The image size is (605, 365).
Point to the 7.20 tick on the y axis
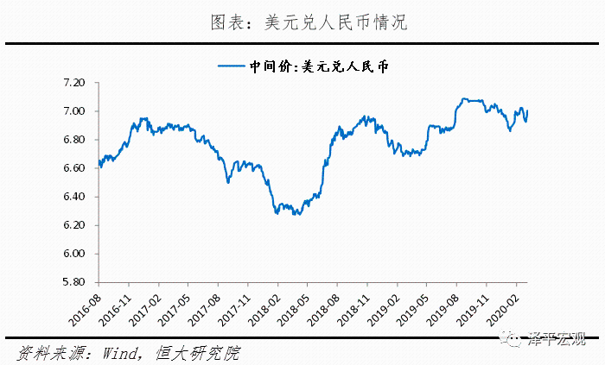click(x=73, y=83)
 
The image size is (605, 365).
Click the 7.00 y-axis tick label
click(x=73, y=111)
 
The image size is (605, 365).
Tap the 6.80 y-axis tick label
click(x=73, y=140)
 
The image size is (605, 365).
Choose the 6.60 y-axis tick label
click(x=73, y=168)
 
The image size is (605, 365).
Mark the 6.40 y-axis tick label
click(x=73, y=197)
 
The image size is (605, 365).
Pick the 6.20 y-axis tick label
click(x=73, y=225)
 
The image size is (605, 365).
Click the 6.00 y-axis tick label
click(x=73, y=254)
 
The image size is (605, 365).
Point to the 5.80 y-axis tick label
click(x=73, y=282)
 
